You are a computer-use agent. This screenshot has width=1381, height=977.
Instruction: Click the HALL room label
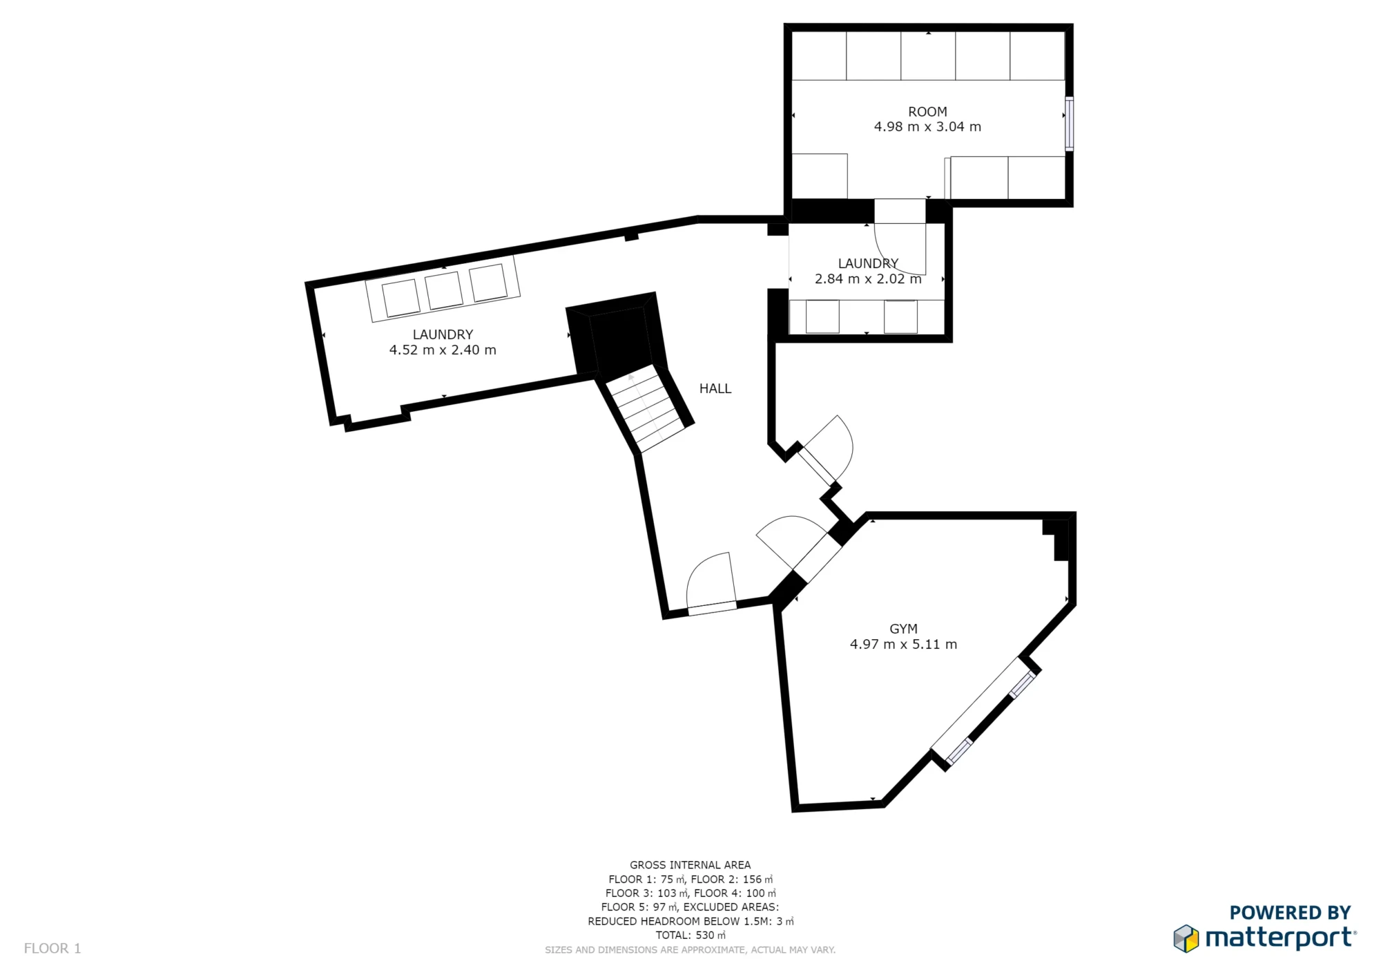point(715,389)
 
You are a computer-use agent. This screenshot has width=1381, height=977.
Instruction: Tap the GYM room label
point(903,629)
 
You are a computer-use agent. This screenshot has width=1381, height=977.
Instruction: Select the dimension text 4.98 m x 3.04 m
point(927,127)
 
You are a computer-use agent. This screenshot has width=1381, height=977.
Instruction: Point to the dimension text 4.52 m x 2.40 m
point(443,350)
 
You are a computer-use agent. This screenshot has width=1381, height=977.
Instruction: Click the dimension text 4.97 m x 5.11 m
point(903,645)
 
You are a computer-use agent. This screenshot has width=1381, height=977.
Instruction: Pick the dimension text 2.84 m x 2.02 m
point(868,279)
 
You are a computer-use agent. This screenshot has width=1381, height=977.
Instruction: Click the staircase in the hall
point(646,411)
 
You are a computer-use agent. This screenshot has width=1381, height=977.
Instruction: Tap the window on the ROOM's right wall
point(1069,124)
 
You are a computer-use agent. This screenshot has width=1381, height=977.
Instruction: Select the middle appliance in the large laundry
point(443,290)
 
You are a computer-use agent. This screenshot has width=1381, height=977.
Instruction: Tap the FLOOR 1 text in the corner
point(52,949)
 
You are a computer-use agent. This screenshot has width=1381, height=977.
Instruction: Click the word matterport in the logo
point(1279,938)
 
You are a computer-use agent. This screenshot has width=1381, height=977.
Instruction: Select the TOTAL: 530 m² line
point(690,936)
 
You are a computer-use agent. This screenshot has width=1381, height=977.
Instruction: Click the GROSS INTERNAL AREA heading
point(690,865)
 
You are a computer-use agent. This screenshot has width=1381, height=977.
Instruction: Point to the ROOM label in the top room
point(927,112)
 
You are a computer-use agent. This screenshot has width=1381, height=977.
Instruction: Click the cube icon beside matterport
point(1186,938)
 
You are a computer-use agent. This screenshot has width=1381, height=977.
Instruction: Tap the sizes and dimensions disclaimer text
point(690,950)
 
